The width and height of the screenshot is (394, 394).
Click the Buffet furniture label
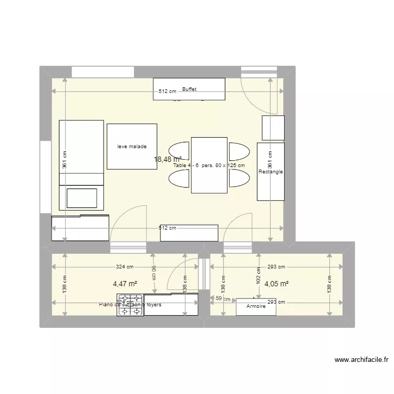click(x=189, y=89)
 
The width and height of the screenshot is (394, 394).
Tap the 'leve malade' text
click(x=132, y=147)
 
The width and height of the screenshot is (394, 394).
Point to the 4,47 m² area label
click(x=125, y=284)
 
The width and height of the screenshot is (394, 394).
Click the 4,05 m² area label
click(x=276, y=284)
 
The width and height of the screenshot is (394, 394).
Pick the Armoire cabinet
click(x=256, y=307)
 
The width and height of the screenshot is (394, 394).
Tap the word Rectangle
click(x=271, y=172)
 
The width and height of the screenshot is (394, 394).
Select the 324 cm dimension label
click(x=125, y=267)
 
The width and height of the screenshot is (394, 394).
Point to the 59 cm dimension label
click(x=223, y=298)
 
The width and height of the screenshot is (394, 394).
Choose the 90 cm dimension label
click(x=153, y=272)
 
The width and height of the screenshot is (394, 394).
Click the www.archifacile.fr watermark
click(x=361, y=360)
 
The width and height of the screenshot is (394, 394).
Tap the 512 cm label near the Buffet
click(x=168, y=91)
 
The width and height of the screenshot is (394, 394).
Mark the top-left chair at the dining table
click(x=179, y=151)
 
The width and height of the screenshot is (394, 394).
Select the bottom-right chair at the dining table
click(x=239, y=179)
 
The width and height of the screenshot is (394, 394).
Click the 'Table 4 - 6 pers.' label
click(x=209, y=165)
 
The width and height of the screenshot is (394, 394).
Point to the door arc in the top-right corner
click(x=257, y=95)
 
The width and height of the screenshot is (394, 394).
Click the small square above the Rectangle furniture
click(x=273, y=128)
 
